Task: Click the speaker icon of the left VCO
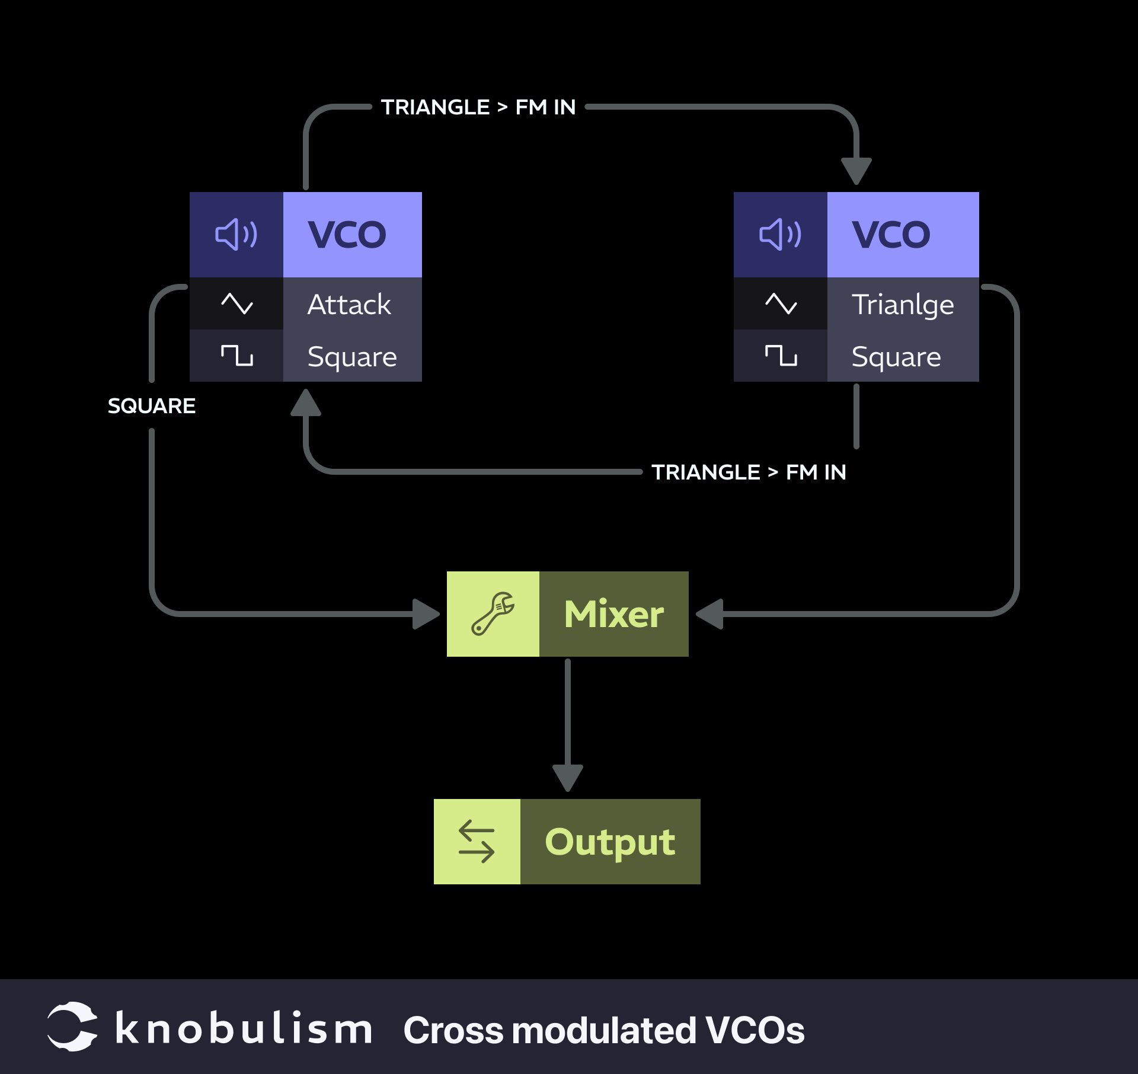236,235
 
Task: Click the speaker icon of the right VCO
780,235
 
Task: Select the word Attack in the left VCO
349,305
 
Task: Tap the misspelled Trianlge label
903,305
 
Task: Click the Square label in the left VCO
352,357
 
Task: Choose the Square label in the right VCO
896,357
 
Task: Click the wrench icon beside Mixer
493,614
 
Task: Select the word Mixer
614,614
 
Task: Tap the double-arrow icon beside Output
477,841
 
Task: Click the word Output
610,842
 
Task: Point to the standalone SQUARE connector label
152,406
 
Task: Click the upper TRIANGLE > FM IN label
478,107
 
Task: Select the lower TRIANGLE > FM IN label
749,472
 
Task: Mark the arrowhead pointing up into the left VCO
306,403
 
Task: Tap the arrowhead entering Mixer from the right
710,614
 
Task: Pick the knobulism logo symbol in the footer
72,1027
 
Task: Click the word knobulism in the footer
244,1029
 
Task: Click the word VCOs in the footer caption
755,1030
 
